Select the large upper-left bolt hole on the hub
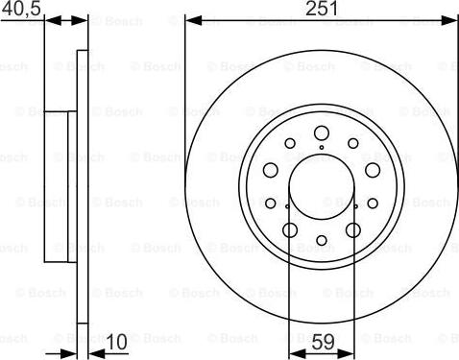(x=272, y=169)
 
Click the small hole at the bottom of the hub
(x=322, y=240)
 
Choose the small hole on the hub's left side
(x=271, y=203)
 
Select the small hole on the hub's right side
(x=374, y=203)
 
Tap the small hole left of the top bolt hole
(x=291, y=144)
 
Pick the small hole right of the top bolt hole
(x=353, y=144)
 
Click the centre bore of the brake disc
(x=322, y=186)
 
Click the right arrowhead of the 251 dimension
(x=452, y=20)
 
